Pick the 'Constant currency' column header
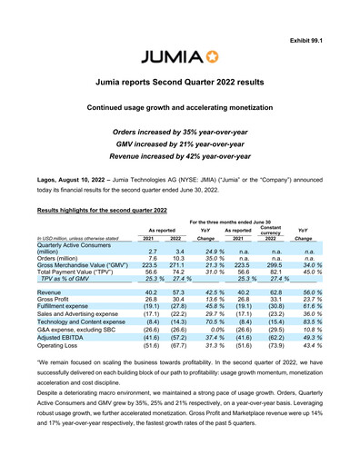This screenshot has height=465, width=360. pyautogui.click(x=269, y=231)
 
